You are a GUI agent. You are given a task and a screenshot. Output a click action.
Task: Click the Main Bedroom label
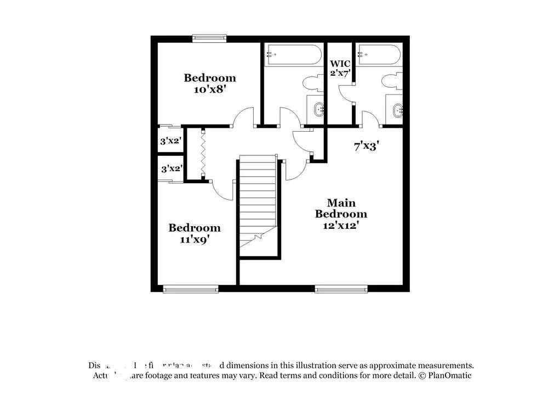click(x=340, y=208)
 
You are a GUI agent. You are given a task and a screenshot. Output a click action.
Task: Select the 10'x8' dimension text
click(x=210, y=89)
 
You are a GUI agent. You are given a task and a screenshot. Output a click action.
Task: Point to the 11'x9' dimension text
click(x=194, y=239)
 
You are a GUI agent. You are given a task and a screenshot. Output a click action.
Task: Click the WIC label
click(x=340, y=64)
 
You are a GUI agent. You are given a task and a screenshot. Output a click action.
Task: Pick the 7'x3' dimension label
click(x=367, y=146)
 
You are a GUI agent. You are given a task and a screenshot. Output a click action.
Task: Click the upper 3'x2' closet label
click(x=170, y=141)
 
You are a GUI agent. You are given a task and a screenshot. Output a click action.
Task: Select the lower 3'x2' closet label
click(x=170, y=168)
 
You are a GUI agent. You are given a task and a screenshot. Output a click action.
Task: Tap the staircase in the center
click(x=258, y=203)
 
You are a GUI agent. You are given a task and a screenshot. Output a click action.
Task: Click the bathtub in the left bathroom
click(x=293, y=55)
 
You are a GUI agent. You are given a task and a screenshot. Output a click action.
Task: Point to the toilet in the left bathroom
click(x=312, y=83)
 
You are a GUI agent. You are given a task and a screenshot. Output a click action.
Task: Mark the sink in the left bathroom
click(x=317, y=110)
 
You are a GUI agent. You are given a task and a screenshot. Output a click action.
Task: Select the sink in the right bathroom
click(x=396, y=109)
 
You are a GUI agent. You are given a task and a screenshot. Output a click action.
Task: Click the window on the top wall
click(x=209, y=38)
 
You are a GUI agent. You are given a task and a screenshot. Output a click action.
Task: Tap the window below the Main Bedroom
click(x=341, y=288)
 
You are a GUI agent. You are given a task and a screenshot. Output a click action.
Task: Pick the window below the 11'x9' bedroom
click(x=191, y=288)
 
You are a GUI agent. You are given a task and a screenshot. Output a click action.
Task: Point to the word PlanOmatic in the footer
click(x=449, y=376)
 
